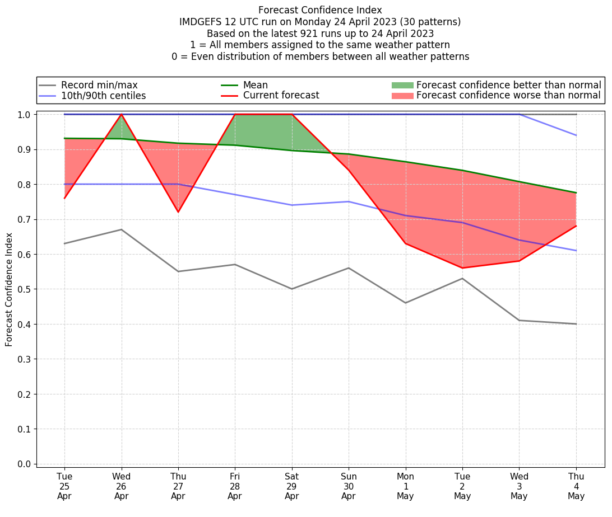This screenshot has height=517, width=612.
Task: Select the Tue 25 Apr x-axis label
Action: pos(64,486)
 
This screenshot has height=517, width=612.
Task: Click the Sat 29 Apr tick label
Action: pos(291,486)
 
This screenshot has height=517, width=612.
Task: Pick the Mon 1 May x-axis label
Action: pos(405,486)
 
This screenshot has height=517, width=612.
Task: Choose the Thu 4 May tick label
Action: pos(576,486)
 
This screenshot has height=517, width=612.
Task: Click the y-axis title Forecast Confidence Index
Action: pos(10,289)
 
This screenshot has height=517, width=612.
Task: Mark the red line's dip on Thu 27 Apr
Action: pos(178,212)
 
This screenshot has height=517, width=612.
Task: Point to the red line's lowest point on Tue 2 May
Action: pos(462,268)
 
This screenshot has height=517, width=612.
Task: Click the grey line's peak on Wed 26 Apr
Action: pos(121,229)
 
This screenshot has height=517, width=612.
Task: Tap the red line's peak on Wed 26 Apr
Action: pos(121,114)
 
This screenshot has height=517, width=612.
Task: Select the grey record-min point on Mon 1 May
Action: pos(405,303)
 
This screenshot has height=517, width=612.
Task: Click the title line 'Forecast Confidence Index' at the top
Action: pos(320,10)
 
